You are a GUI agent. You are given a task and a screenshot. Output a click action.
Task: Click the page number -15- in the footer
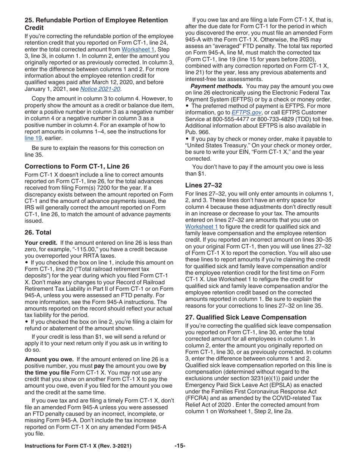[x=180, y=446]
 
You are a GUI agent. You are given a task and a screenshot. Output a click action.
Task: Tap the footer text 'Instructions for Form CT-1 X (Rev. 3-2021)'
[x=78, y=446]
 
